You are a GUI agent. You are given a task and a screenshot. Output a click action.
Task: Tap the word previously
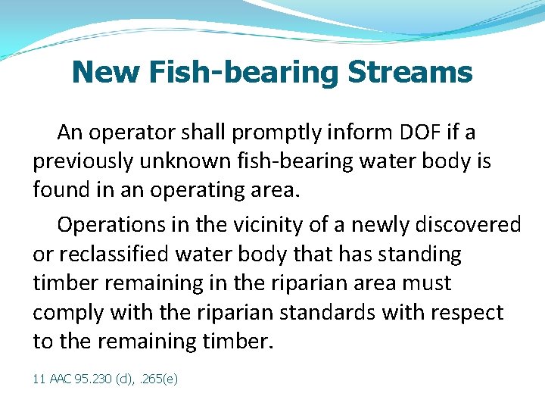tap(83, 162)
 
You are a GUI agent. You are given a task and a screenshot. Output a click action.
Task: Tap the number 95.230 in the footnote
tap(93, 378)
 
